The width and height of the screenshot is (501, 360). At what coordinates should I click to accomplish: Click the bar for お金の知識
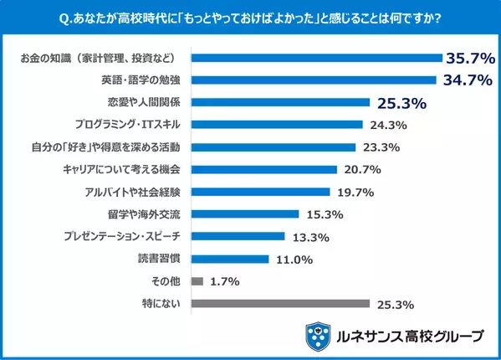click(316, 59)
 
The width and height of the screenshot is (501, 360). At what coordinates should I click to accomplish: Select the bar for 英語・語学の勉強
click(314, 80)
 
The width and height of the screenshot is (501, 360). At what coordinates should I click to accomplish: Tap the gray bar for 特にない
click(280, 303)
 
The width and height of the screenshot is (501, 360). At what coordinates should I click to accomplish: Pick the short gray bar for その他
click(197, 281)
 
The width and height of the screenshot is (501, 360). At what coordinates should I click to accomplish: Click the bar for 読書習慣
click(230, 259)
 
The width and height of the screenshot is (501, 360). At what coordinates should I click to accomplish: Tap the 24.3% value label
click(387, 126)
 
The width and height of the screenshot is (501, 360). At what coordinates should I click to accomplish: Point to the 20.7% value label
click(361, 170)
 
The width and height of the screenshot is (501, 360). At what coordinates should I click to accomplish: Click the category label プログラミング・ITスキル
click(134, 125)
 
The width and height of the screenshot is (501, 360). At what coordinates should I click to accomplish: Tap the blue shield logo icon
click(318, 336)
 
